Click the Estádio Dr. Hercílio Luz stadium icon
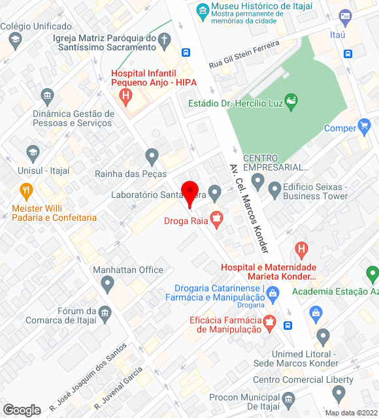click(x=291, y=102)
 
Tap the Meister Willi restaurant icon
click(x=26, y=191)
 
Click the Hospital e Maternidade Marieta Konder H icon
click(x=301, y=249)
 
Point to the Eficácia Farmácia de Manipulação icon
click(x=268, y=322)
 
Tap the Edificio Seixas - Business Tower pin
click(x=274, y=190)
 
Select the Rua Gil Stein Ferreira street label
click(x=244, y=54)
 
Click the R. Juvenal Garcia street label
click(x=118, y=387)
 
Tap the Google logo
click(x=22, y=410)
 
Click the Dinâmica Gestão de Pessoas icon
click(x=47, y=97)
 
